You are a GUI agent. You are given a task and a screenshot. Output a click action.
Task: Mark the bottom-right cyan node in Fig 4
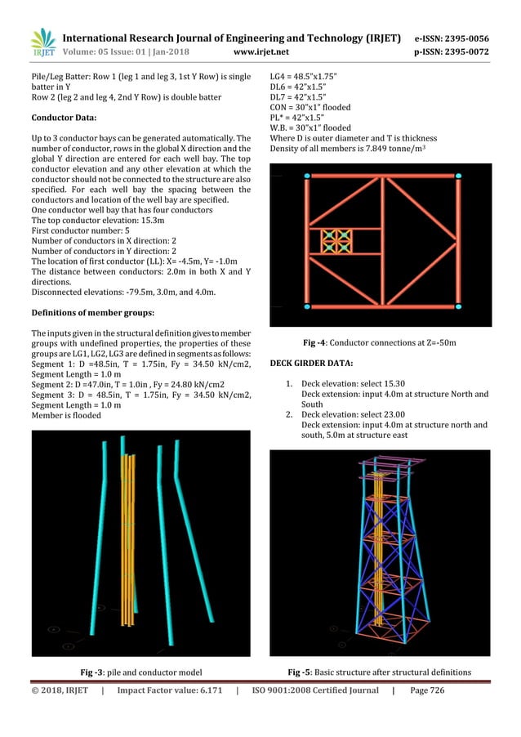tap(458, 306)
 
